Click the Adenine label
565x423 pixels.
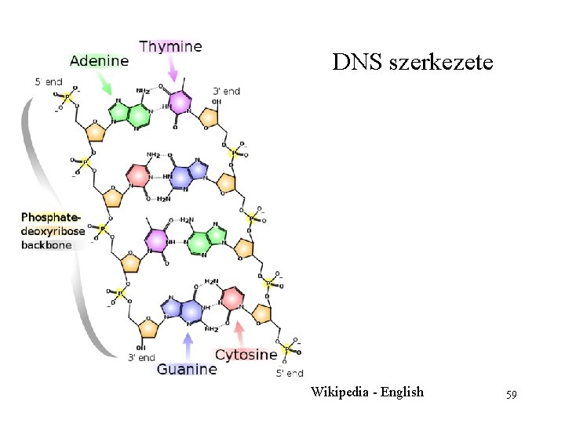[x=99, y=60]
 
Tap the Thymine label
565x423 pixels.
[x=170, y=46]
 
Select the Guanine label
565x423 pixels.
[x=187, y=368]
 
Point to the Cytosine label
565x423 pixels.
[x=246, y=355]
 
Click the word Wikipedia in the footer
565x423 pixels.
[x=343, y=392]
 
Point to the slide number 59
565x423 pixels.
[x=511, y=393]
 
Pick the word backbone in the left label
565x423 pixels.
[x=46, y=244]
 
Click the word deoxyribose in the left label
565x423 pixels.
[x=53, y=231]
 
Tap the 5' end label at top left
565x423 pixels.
[x=49, y=81]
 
